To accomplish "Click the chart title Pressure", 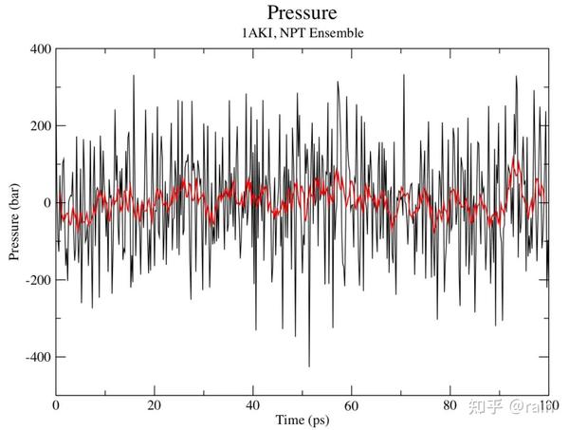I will (302, 13).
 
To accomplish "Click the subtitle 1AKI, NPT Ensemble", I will (302, 33).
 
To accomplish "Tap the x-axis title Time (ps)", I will (302, 419).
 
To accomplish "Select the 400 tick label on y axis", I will (38, 49).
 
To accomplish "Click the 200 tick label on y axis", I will (38, 126).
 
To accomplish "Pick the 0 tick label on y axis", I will (45, 203).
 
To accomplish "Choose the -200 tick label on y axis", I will (35, 280).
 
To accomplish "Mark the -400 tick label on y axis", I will (35, 357).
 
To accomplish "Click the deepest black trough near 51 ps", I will (308, 365).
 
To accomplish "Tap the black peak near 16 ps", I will (134, 77).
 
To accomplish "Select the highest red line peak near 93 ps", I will (515, 159).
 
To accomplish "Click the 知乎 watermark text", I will (483, 408).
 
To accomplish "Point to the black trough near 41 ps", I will (256, 328).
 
